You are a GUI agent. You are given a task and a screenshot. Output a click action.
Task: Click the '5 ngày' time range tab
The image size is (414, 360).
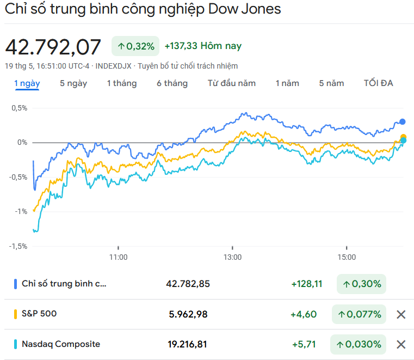pyautogui.click(x=73, y=83)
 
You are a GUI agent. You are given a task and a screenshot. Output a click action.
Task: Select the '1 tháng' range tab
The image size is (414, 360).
pyautogui.click(x=121, y=83)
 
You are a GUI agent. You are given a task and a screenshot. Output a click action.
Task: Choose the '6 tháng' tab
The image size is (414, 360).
pyautogui.click(x=172, y=83)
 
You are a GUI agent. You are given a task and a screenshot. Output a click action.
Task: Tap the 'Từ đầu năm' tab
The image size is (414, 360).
pyautogui.click(x=231, y=83)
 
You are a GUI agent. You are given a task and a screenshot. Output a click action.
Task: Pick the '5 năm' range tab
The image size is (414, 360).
pyautogui.click(x=331, y=83)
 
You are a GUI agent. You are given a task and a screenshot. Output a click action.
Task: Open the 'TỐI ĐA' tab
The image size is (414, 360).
pyautogui.click(x=378, y=83)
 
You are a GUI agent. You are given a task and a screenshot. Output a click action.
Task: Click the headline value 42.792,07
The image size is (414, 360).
pyautogui.click(x=53, y=47)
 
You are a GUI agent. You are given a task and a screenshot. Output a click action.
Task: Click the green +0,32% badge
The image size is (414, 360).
pyautogui.click(x=136, y=47)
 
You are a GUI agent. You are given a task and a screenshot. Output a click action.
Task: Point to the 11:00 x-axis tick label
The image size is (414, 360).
pyautogui.click(x=118, y=257)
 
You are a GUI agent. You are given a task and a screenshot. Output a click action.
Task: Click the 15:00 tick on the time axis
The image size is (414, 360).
pyautogui.click(x=347, y=257)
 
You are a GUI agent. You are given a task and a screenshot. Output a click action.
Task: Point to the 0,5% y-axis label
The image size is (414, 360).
pyautogui.click(x=19, y=108)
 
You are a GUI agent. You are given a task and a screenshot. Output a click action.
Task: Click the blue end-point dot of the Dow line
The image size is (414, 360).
pyautogui.click(x=403, y=122)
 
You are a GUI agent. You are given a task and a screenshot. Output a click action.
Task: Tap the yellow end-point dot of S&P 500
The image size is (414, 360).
pyautogui.click(x=403, y=137)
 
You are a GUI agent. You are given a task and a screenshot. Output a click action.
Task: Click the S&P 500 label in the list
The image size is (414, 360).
pyautogui.click(x=39, y=314)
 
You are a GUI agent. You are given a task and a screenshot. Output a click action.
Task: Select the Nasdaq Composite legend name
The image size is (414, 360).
pyautogui.click(x=61, y=344)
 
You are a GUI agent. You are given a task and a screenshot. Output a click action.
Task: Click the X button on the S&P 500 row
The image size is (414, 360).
pyautogui.click(x=401, y=314)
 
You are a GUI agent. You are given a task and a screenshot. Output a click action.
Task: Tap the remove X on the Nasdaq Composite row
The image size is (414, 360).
pyautogui.click(x=401, y=344)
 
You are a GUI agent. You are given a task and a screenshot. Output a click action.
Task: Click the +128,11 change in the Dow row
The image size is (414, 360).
pyautogui.click(x=307, y=284)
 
